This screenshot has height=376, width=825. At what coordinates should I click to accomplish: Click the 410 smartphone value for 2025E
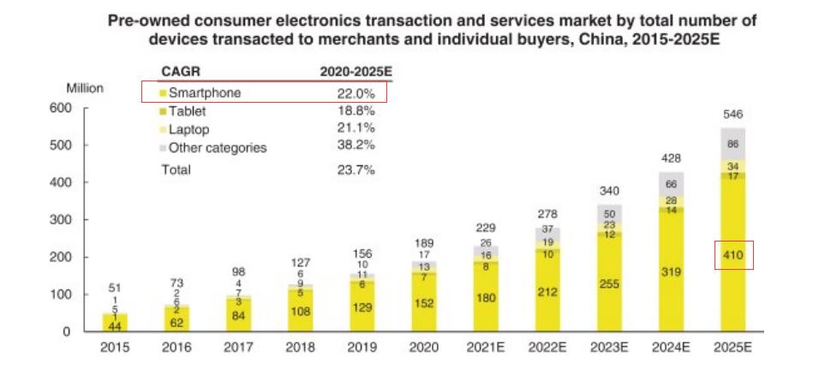coord(732,255)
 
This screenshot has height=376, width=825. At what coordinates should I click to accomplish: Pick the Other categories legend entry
coord(217,147)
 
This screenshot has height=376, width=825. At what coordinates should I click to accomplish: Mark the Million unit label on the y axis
coord(85,88)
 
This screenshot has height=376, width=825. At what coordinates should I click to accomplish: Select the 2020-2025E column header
coord(355,72)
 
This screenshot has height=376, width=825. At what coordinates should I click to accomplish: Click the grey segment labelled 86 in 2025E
coord(733,144)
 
